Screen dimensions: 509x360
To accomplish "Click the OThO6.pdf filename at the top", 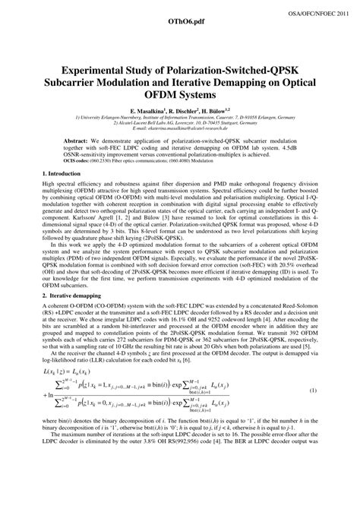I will tap(180, 24).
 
